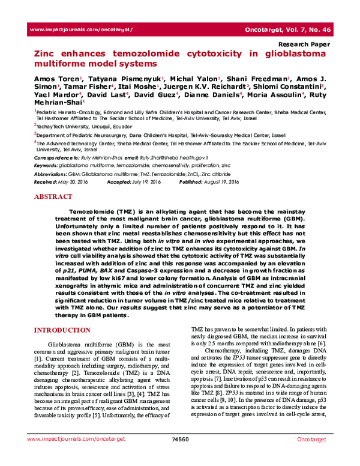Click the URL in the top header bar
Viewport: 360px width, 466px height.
point(80,29)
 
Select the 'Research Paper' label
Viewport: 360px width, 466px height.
point(305,45)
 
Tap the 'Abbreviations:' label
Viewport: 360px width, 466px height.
point(52,172)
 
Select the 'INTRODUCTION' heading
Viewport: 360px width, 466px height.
point(62,330)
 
